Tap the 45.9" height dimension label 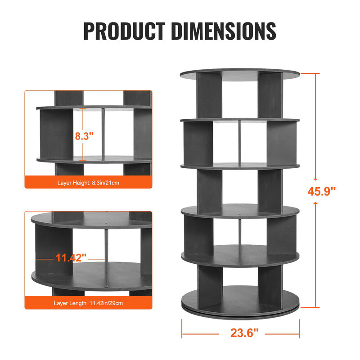coord(322,191)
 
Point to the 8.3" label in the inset coord(85,136)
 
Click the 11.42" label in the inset coord(71,258)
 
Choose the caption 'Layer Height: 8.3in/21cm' coord(88,183)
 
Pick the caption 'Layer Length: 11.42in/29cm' coord(88,303)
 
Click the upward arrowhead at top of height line coord(316,76)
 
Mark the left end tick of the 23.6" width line coord(182,328)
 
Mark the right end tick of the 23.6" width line coord(300,328)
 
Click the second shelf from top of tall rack coord(240,121)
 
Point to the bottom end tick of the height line coord(316,307)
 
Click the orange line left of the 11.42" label coord(45,258)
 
